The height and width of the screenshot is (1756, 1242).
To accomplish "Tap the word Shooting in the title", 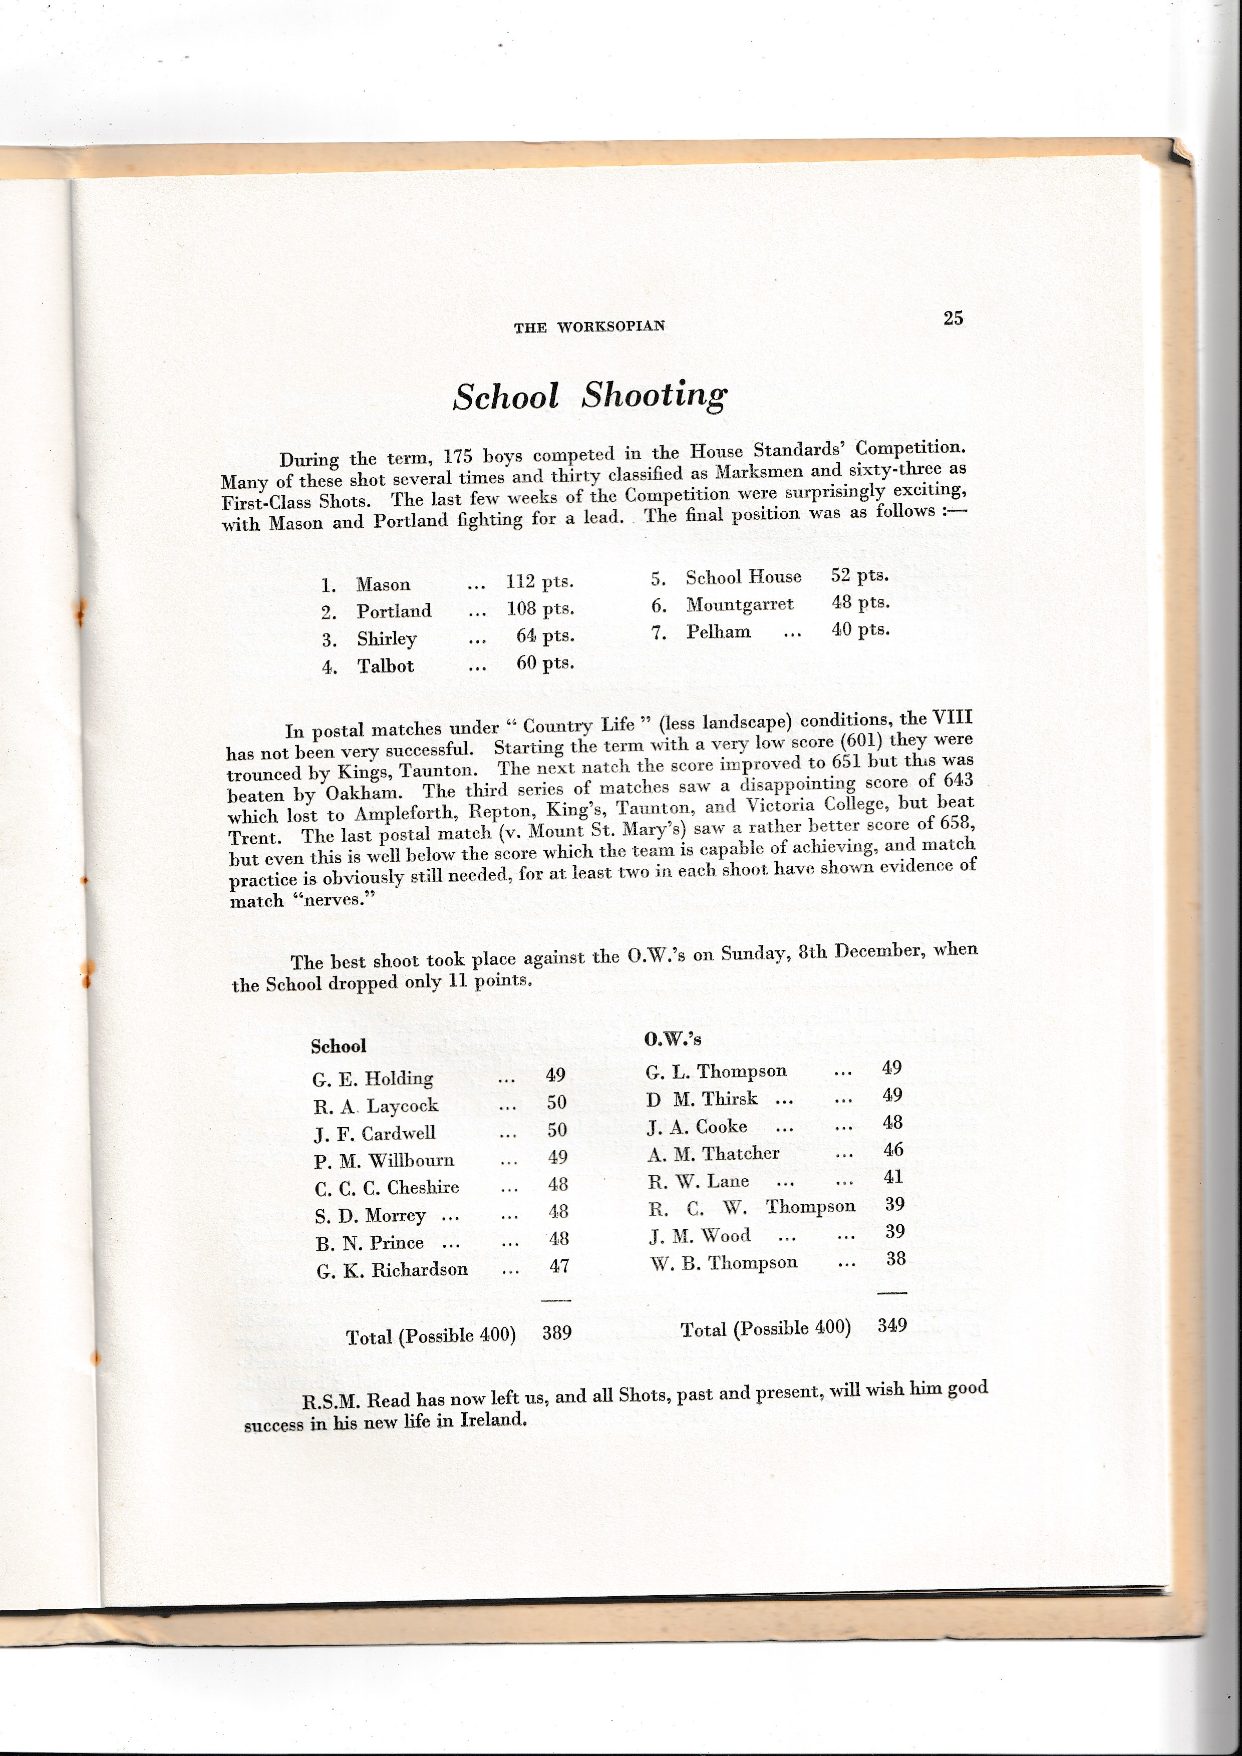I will [654, 395].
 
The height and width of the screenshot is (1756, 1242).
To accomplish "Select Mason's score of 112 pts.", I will [539, 582].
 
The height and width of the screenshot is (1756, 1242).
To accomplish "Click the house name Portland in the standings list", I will [394, 611].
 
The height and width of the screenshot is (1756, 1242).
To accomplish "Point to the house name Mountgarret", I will [740, 604].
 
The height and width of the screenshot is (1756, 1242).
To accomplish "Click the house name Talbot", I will [386, 666].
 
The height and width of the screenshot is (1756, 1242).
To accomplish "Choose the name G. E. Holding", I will [373, 1079].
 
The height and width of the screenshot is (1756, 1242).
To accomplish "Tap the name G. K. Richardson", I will [392, 1270].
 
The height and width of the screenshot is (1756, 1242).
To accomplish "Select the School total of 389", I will [557, 1333].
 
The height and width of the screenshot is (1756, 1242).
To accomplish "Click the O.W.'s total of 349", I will [892, 1325].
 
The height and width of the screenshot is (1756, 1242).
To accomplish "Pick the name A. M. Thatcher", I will [713, 1153].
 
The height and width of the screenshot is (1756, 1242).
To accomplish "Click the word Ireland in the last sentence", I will [493, 1420].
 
